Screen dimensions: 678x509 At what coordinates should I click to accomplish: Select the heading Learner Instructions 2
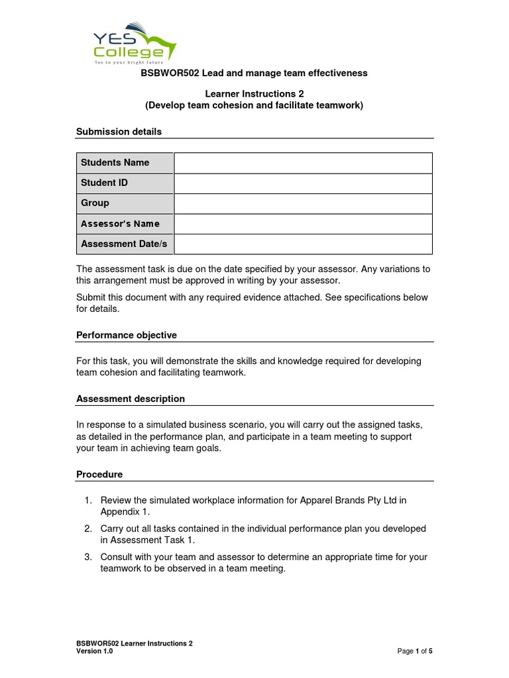point(254,94)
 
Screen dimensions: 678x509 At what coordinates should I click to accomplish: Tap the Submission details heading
point(119,132)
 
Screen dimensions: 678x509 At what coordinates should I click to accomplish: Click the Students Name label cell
point(125,163)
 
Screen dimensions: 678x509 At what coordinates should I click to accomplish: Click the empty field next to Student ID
point(303,183)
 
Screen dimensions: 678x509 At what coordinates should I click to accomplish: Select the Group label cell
point(125,203)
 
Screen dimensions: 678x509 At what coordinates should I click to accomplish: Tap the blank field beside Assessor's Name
point(303,224)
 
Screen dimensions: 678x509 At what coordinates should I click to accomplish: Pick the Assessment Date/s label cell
point(125,244)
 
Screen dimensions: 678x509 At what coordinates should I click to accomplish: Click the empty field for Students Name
point(303,163)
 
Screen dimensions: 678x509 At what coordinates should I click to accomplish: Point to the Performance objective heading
point(127,335)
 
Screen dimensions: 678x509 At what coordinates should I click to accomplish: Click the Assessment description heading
point(131,399)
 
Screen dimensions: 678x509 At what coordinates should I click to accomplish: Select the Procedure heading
point(99,475)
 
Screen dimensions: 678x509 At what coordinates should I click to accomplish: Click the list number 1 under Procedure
point(87,501)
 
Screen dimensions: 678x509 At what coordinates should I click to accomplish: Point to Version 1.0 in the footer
point(95,652)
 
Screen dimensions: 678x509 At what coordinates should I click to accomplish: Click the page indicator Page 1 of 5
point(414,652)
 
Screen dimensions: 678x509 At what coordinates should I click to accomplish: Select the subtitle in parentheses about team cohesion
point(254,105)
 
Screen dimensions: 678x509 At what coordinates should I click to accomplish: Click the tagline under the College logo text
point(127,61)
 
